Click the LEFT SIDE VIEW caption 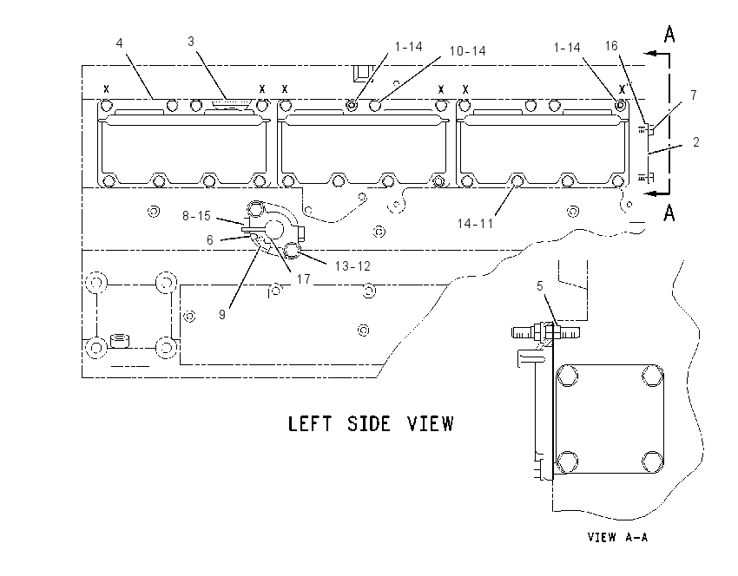371,423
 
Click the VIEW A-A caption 617,537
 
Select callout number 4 120,43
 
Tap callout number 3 191,42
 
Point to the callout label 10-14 467,51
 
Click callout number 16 611,46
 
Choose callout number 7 694,95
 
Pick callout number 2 696,142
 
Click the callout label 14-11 476,223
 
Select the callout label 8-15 197,216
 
